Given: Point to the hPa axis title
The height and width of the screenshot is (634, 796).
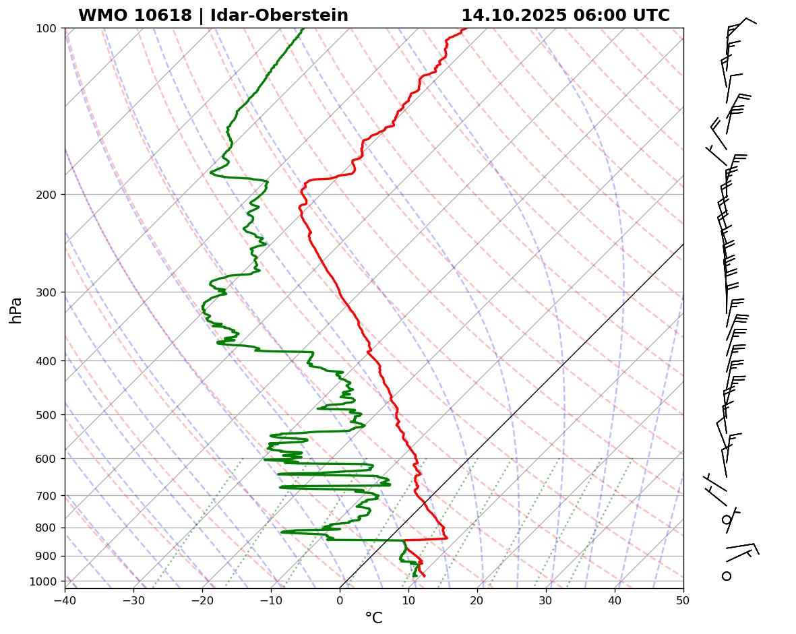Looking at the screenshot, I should click(x=16, y=310).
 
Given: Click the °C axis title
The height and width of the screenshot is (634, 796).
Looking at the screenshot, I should click(x=373, y=619).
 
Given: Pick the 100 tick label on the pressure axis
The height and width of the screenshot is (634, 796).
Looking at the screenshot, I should click(x=48, y=28).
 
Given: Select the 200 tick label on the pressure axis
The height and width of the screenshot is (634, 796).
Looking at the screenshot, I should click(x=48, y=195).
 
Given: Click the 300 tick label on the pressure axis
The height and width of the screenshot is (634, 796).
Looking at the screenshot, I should click(x=48, y=292).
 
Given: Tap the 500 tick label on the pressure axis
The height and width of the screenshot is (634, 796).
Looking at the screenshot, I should click(x=48, y=415).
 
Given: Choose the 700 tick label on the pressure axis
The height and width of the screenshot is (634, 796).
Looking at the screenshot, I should click(x=48, y=496).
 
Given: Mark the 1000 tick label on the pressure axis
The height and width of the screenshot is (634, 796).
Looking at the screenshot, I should click(x=45, y=581).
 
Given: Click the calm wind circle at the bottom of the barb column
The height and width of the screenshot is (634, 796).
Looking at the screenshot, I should click(x=727, y=576).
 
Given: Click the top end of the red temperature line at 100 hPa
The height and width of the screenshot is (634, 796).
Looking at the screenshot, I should click(x=464, y=29).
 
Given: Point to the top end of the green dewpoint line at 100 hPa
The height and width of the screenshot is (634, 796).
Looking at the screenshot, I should click(x=303, y=29).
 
